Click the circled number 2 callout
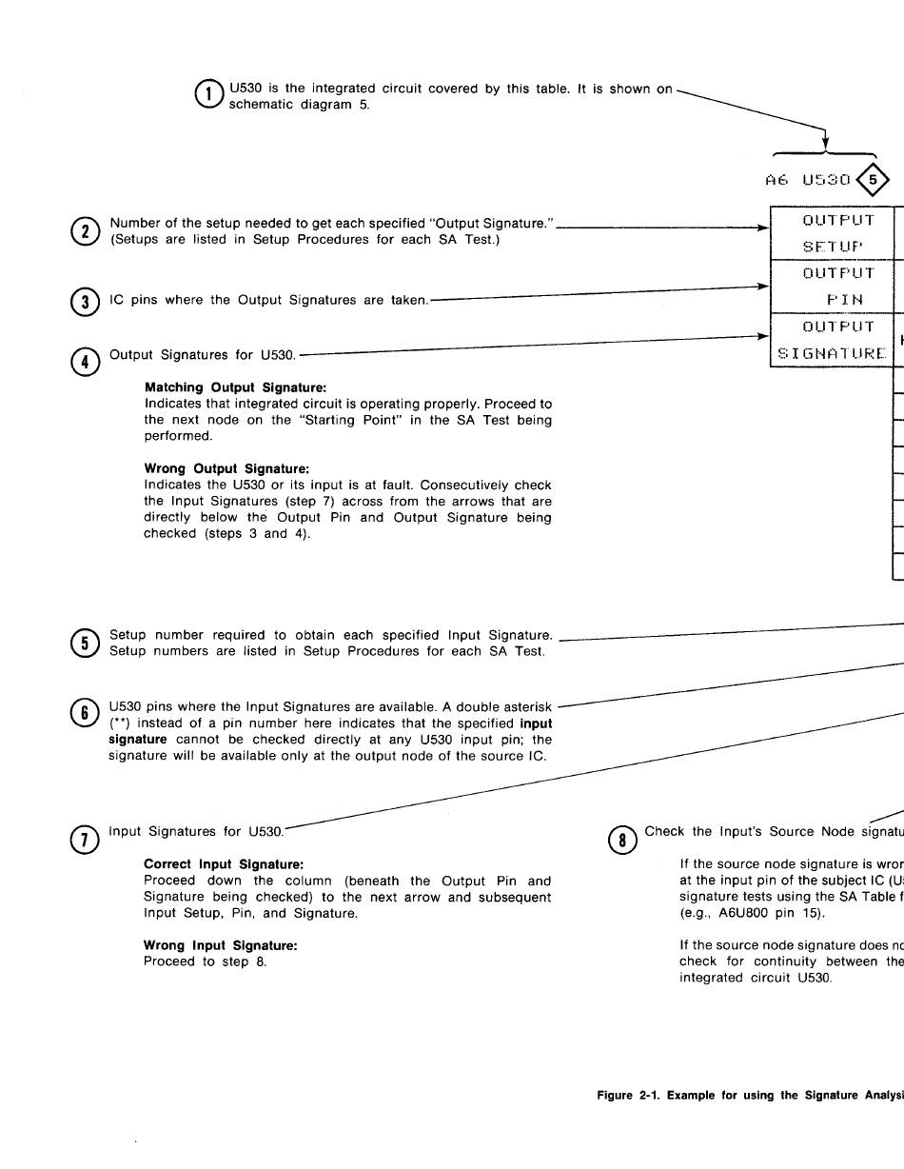coord(85,231)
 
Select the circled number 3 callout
coord(85,301)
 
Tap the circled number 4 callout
coord(85,363)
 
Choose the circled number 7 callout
coord(85,839)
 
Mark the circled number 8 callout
coord(620,839)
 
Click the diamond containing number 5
coord(874,179)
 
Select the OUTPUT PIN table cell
coord(831,287)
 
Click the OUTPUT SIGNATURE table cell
coord(831,340)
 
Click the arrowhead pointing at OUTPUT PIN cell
coord(763,285)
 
